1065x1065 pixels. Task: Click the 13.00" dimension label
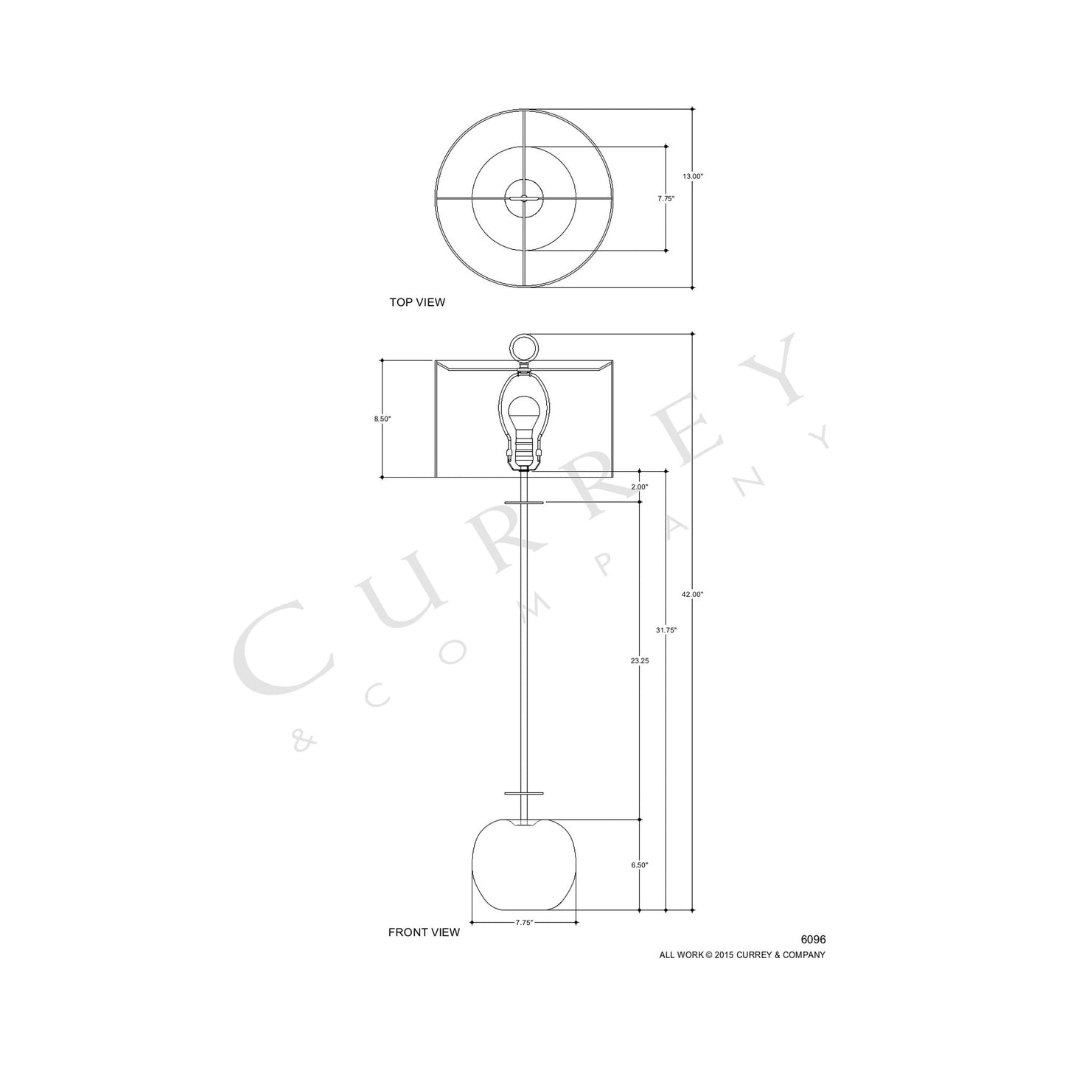[693, 176]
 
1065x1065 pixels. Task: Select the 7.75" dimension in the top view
[666, 198]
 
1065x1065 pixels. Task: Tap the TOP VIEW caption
[417, 302]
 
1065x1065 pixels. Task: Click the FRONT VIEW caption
[424, 932]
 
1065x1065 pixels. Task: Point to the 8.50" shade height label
[382, 419]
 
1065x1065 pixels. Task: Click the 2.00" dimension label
[639, 487]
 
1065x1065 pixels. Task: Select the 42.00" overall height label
[693, 594]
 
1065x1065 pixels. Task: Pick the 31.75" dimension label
[666, 630]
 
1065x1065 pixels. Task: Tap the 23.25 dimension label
[639, 661]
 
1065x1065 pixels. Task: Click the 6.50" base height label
[639, 865]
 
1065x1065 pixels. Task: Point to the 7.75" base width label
[524, 922]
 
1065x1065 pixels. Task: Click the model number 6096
[813, 940]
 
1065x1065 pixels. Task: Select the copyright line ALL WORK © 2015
[741, 954]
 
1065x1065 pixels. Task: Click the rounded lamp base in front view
[524, 866]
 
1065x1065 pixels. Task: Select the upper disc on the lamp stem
[524, 502]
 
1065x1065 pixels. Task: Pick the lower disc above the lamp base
[524, 795]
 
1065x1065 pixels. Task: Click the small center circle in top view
[524, 198]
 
